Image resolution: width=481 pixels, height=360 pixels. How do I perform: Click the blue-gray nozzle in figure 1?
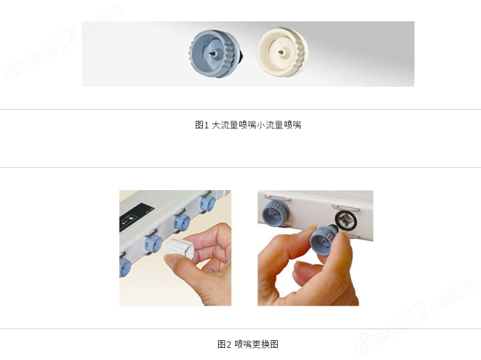(215, 53)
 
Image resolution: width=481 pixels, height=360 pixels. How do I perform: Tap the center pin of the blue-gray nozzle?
(213, 53)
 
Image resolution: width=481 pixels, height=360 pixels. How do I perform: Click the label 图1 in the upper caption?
(202, 125)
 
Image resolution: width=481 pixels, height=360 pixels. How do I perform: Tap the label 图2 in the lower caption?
(224, 345)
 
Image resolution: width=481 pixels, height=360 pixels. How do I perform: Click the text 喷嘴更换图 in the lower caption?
(256, 345)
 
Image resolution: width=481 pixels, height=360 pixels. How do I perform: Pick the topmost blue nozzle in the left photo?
(208, 203)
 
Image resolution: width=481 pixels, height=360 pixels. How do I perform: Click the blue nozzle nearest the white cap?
(154, 244)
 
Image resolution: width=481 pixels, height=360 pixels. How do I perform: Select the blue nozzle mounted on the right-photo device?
(274, 212)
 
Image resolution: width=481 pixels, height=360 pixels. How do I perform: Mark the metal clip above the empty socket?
(346, 208)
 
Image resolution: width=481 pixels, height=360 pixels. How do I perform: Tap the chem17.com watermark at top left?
(65, 43)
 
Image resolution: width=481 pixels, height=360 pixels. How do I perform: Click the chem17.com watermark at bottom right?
(414, 317)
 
